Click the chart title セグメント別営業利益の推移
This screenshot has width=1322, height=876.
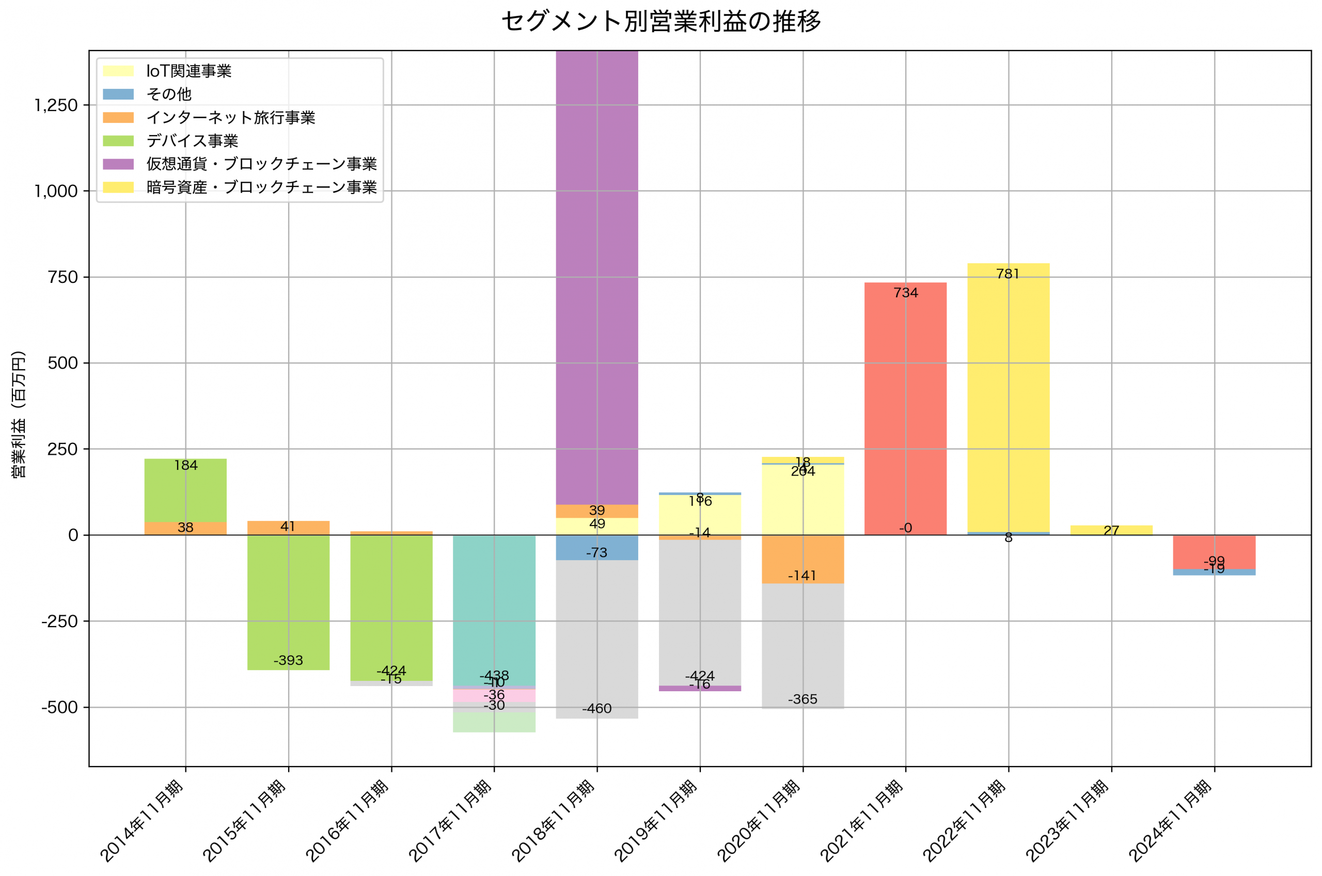tap(661, 21)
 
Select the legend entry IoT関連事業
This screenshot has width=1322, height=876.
tap(188, 71)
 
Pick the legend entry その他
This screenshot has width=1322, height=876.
tap(169, 94)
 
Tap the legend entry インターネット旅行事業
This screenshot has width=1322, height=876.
tap(230, 117)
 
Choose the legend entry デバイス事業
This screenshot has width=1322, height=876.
tap(192, 141)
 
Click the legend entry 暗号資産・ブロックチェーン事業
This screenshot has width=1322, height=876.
tap(261, 187)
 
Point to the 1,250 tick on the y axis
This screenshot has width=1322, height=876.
tap(56, 105)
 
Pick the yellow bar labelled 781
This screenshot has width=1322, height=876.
tap(1008, 396)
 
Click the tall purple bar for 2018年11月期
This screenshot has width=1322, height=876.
tap(597, 279)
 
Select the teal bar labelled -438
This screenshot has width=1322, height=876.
tap(494, 609)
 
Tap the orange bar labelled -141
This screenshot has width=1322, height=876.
tap(803, 559)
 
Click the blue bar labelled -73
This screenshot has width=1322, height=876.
tap(597, 548)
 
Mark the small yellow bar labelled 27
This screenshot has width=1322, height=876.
tap(1111, 530)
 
